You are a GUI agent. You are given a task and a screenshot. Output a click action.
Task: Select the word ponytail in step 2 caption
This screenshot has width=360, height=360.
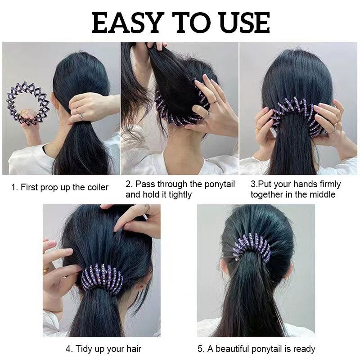[220, 184]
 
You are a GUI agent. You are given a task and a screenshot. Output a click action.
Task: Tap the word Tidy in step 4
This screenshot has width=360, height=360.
[84, 349]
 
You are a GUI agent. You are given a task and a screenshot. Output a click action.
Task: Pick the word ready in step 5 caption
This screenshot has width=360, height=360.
[304, 349]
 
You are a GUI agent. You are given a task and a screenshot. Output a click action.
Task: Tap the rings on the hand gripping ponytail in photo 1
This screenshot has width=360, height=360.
[79, 113]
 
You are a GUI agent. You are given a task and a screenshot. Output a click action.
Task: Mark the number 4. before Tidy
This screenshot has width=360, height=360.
[69, 349]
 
